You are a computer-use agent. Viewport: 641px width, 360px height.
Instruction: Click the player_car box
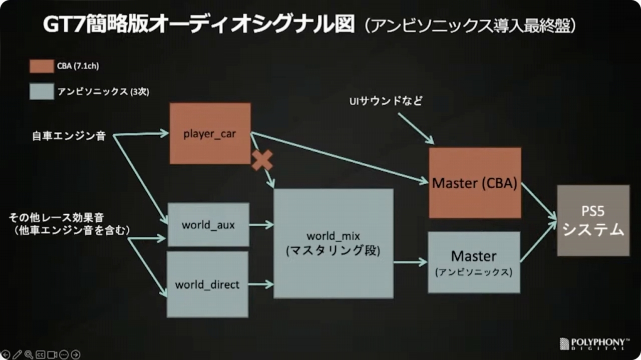pyautogui.click(x=210, y=133)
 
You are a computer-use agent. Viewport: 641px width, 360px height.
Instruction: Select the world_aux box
pyautogui.click(x=208, y=225)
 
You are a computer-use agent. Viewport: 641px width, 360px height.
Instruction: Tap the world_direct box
pyautogui.click(x=207, y=284)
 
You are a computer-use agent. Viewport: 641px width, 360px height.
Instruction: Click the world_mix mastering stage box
pyautogui.click(x=334, y=243)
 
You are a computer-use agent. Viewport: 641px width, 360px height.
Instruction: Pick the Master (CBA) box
pyautogui.click(x=475, y=183)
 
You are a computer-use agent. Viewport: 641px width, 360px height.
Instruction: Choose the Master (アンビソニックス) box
pyautogui.click(x=474, y=262)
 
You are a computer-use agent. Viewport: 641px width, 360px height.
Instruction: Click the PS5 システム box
pyautogui.click(x=593, y=220)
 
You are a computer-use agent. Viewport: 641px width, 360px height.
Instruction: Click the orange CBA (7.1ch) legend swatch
pyautogui.click(x=42, y=67)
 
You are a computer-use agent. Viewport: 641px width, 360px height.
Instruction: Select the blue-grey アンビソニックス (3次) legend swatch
pyautogui.click(x=42, y=92)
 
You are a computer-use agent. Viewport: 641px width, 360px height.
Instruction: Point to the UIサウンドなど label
pyautogui.click(x=386, y=101)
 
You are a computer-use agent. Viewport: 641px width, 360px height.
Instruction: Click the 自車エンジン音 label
pyautogui.click(x=69, y=136)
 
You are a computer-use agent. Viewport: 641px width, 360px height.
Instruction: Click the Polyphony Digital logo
pyautogui.click(x=594, y=344)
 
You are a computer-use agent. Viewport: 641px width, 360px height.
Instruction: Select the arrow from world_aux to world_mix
pyautogui.click(x=261, y=225)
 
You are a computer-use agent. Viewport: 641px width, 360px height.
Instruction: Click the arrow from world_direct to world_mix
pyautogui.click(x=261, y=284)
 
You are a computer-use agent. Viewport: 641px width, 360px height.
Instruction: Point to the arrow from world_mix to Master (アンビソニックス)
pyautogui.click(x=411, y=262)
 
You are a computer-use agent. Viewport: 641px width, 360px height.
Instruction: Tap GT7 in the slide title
pyautogui.click(x=64, y=25)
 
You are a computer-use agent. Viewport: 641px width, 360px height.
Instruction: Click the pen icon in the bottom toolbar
pyautogui.click(x=17, y=354)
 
